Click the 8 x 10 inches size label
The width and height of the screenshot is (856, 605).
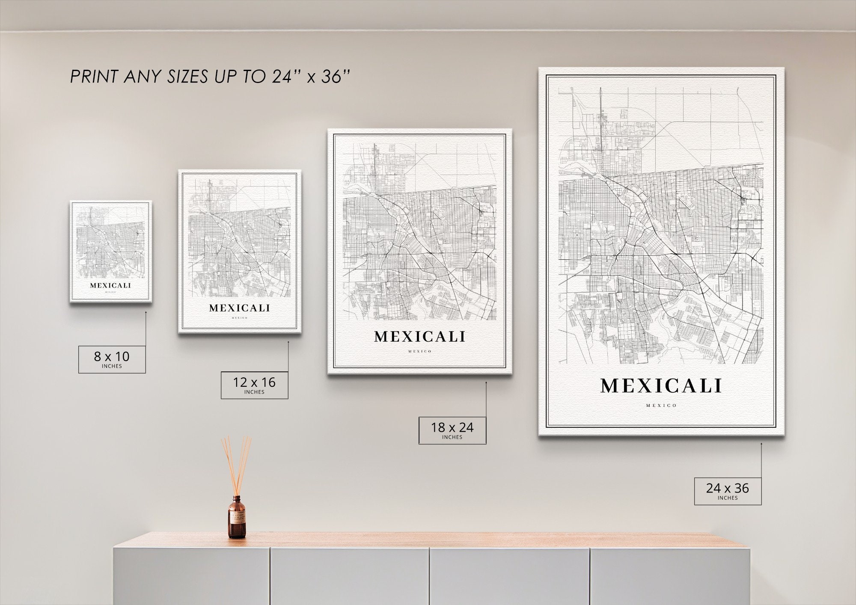pos(112,359)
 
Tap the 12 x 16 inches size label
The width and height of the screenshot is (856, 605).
pos(254,385)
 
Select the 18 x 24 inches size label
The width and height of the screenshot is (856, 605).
pos(452,430)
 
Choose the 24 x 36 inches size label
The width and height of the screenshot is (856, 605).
pos(728,491)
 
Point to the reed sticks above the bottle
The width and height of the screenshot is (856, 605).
pos(236,464)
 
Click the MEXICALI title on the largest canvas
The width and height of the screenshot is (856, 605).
pos(661,386)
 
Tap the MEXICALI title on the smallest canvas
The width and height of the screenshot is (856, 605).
pos(110,285)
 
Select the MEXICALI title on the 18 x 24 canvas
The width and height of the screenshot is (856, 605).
pos(419,337)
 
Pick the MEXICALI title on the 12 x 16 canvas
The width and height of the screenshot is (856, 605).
pos(240,308)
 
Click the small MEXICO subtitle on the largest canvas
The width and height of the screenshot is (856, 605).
pos(661,405)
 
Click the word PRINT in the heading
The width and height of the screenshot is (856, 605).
pos(94,77)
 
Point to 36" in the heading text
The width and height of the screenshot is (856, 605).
pos(336,76)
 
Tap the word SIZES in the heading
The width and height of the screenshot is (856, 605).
pos(187,77)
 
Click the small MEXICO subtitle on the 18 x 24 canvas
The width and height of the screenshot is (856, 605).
pos(420,351)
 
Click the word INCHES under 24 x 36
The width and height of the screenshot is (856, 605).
pos(728,498)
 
